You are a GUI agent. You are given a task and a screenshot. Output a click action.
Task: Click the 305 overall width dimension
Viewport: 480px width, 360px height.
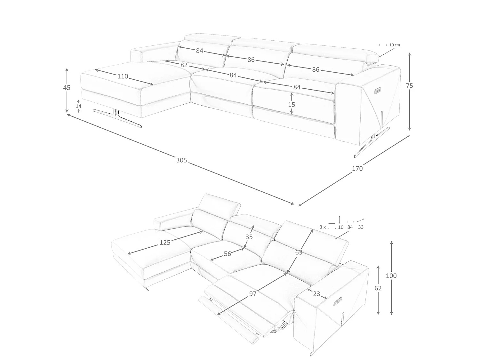point(181,160)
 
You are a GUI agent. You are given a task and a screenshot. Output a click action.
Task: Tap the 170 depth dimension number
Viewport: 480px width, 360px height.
point(357,168)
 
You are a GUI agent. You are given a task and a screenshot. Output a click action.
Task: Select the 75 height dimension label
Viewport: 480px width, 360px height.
point(409,86)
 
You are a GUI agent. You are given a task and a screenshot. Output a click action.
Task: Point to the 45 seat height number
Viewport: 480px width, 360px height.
point(67,88)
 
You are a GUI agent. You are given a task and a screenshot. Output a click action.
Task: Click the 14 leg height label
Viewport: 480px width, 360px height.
point(78,106)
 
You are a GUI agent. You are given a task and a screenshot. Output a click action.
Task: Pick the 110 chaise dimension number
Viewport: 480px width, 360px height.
point(123,76)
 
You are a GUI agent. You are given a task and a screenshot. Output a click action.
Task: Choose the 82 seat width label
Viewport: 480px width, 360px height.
point(184,65)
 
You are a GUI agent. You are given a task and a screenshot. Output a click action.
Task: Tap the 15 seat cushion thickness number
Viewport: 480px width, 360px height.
point(292,105)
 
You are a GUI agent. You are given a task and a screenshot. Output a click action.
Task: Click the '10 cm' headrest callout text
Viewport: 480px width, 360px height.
point(395,45)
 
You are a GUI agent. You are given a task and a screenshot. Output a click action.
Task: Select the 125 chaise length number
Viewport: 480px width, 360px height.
point(165,243)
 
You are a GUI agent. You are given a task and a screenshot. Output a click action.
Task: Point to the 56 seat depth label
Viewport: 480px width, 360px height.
point(228,254)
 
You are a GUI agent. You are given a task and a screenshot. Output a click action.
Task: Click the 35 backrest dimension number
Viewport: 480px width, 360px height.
point(249,237)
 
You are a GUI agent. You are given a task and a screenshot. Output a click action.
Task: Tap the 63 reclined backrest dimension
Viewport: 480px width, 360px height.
point(299,252)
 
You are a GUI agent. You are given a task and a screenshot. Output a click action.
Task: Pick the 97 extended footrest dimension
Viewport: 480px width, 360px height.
point(253,294)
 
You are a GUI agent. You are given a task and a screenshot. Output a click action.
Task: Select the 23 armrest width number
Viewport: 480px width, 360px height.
point(317,294)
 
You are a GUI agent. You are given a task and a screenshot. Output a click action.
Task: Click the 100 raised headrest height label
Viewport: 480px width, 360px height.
point(391,276)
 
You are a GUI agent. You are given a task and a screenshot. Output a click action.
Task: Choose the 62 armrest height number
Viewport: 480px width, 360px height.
point(378,288)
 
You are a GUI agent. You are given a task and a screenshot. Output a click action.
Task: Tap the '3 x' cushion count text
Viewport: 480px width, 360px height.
point(323,227)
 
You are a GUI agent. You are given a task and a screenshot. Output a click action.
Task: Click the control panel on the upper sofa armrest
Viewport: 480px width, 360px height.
point(378,90)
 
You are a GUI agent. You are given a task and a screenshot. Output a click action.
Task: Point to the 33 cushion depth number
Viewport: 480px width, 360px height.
point(361,227)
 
